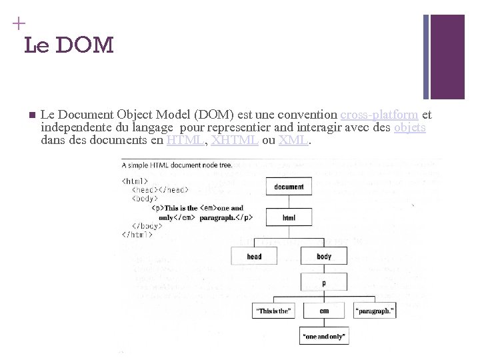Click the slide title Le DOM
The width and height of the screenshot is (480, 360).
tap(69, 45)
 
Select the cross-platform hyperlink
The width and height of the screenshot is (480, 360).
tap(379, 115)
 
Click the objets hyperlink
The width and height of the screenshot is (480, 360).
tap(410, 127)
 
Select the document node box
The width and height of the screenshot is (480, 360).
tap(289, 187)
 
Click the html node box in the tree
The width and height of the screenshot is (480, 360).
tap(289, 217)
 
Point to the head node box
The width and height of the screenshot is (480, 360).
tap(254, 256)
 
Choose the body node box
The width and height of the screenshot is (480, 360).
tap(324, 256)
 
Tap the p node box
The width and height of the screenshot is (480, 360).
tap(324, 283)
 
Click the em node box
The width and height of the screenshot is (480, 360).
tap(324, 311)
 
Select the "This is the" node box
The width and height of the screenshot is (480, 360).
tap(273, 311)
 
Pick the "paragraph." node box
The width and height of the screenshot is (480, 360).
tap(375, 311)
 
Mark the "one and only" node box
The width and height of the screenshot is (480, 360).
tap(324, 337)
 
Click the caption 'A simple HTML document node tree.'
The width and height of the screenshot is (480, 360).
tap(177, 165)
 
